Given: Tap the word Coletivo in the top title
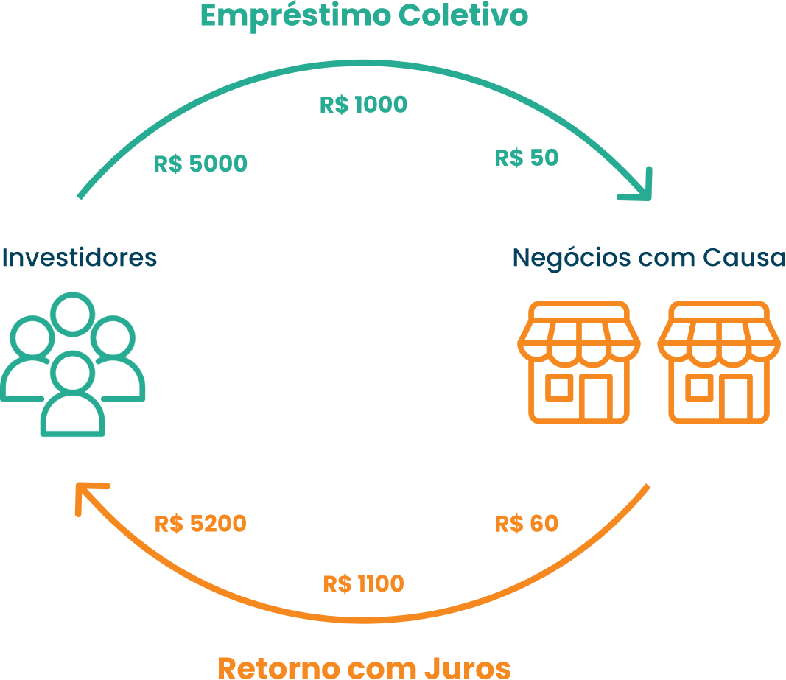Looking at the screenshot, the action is pos(463,15).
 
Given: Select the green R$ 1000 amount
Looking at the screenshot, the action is pos(363,105).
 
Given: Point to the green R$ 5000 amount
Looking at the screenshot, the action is pos(200,164).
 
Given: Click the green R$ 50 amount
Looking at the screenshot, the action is pos(527,158).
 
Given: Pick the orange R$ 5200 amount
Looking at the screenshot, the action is pos(200,524).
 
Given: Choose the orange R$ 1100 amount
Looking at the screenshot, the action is pos(363,584).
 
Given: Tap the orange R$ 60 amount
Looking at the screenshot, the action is pos(527,524).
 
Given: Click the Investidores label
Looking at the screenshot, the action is pos(80,257).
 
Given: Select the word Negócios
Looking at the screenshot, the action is pos(572,259).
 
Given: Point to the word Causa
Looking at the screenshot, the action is pos(744,258).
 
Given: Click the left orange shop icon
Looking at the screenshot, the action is pos(579,362).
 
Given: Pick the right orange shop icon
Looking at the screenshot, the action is pos(719,362).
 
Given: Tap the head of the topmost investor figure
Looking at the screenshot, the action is pos(73,314).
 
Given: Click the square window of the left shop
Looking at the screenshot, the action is pos(559,388).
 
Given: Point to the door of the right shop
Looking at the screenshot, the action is pos(736,396).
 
